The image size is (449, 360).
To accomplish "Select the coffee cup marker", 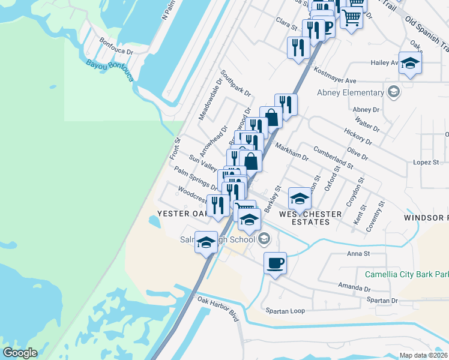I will pyautogui.click(x=275, y=263).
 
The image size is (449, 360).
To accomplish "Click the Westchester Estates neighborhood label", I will pyautogui.click(x=305, y=218).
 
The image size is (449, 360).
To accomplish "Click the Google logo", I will pyautogui.click(x=20, y=353).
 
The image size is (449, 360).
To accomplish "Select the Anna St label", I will pyautogui.click(x=357, y=254).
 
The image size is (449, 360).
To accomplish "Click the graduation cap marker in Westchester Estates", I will pyautogui.click(x=300, y=199).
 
